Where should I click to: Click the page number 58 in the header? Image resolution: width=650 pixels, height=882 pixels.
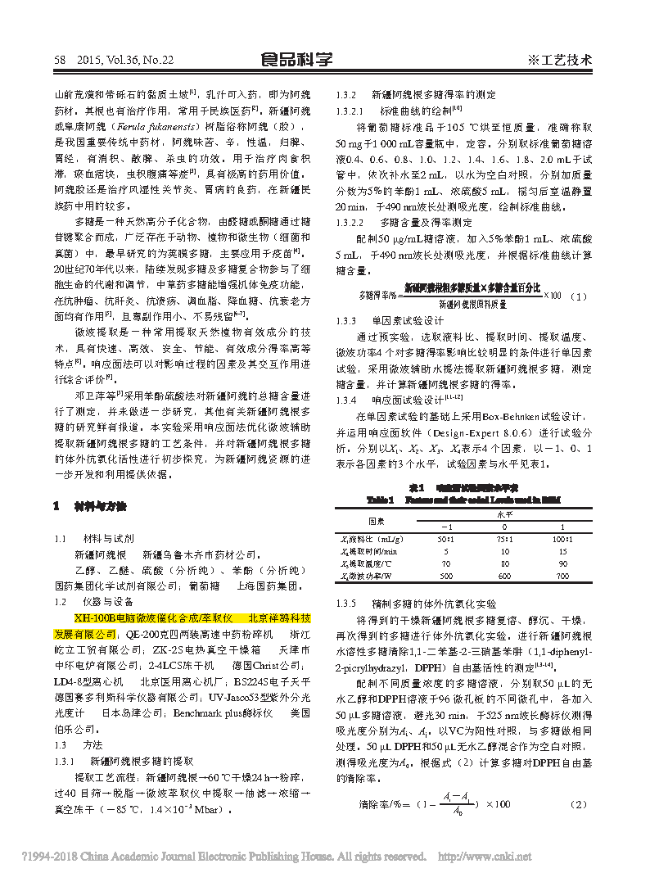59,60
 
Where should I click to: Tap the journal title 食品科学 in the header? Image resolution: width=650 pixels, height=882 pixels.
296,59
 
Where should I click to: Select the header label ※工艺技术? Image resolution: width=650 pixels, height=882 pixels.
559,60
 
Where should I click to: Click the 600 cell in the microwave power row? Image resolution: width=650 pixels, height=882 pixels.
504,577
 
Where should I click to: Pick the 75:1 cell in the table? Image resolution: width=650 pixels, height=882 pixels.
504,539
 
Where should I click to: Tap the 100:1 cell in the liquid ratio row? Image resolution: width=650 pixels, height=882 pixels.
562,539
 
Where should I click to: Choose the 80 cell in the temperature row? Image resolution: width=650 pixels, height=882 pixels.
504,564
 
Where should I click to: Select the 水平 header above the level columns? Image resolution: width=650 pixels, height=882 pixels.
504,514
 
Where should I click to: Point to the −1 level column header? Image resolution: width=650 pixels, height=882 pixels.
446,526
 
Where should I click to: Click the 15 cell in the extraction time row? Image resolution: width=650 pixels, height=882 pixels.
562,552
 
